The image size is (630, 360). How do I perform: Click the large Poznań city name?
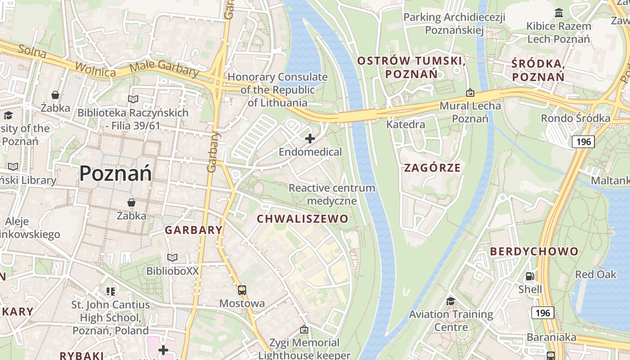(x=116, y=174)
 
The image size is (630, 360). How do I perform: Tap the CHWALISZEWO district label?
(x=302, y=219)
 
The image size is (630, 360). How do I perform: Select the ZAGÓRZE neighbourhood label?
(x=432, y=168)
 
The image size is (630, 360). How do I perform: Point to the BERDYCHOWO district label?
(x=534, y=252)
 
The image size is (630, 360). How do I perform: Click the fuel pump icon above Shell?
(x=530, y=276)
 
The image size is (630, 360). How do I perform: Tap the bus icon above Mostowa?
(x=242, y=290)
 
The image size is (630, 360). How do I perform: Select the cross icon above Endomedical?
(x=310, y=139)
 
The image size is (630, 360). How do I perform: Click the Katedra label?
(x=405, y=125)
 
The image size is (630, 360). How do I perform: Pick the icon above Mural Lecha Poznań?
(x=470, y=93)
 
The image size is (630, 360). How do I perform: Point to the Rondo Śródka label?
(x=576, y=118)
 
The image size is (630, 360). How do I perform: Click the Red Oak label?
(x=596, y=274)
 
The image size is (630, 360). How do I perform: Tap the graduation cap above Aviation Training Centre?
(x=451, y=301)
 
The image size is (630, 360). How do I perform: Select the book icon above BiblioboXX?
(x=172, y=258)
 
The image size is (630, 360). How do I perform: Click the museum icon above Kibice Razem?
(x=559, y=13)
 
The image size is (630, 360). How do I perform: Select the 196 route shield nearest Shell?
(x=543, y=313)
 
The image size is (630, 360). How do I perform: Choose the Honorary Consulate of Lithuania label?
(x=277, y=90)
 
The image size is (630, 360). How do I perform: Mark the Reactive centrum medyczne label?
(x=332, y=194)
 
